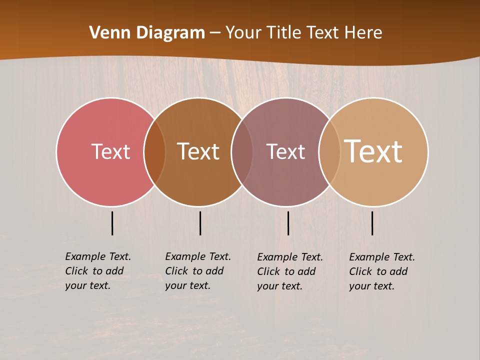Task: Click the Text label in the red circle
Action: click(x=110, y=151)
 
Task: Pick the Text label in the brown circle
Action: click(x=198, y=151)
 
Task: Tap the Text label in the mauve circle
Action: click(x=285, y=151)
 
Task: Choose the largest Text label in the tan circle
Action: click(x=373, y=151)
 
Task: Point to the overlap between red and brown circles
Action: click(x=154, y=152)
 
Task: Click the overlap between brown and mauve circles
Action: click(x=242, y=152)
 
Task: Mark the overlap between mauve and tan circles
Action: click(x=329, y=152)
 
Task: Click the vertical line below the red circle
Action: click(x=112, y=223)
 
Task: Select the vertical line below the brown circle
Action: click(x=200, y=223)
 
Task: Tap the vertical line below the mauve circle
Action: click(x=288, y=223)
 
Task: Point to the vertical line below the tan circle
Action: click(x=372, y=223)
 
